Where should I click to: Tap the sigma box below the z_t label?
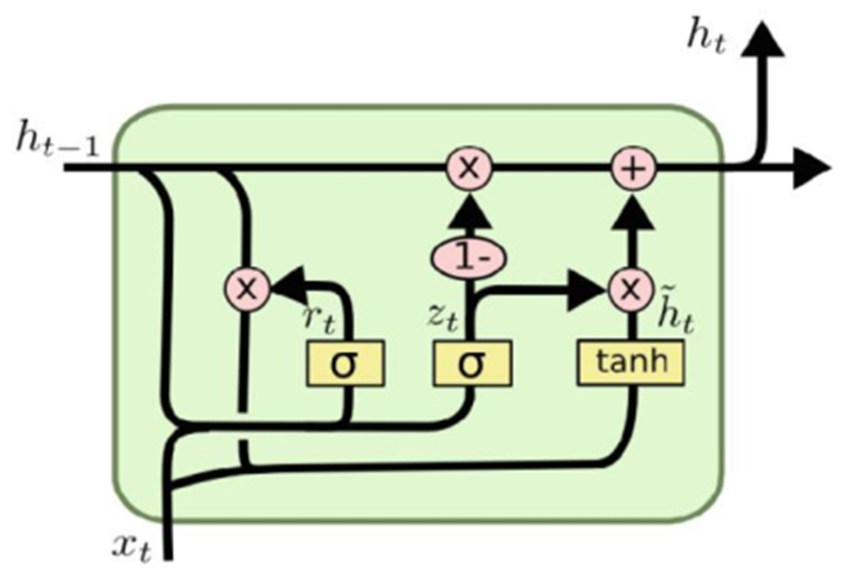(x=472, y=363)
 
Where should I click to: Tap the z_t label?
(x=443, y=318)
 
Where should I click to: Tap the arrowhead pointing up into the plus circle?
(x=633, y=213)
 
